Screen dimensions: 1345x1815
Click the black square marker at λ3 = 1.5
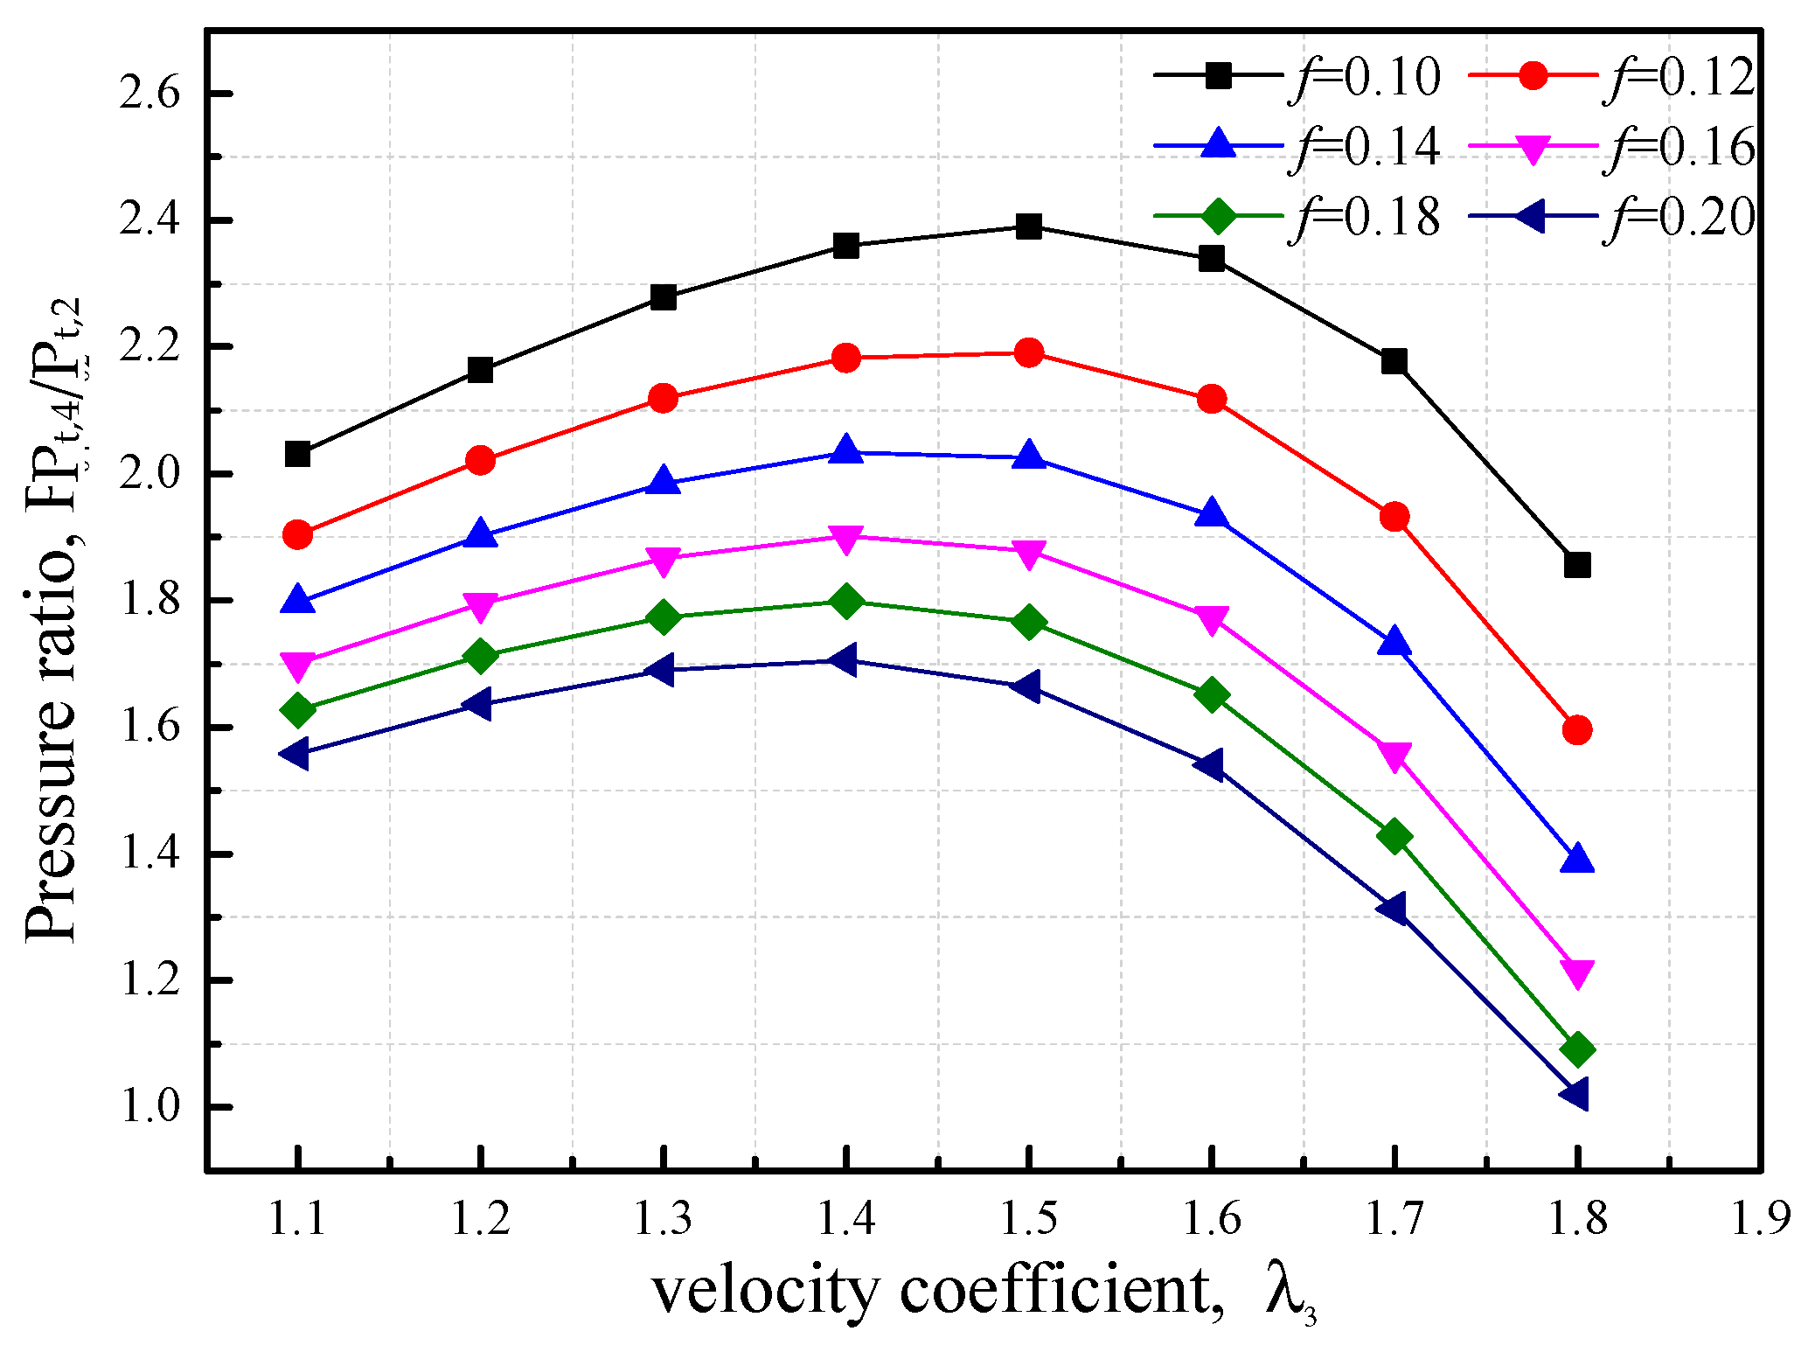(x=1028, y=227)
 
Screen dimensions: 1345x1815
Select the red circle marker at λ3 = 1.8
(x=1576, y=729)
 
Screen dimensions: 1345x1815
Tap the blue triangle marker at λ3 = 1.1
(x=298, y=602)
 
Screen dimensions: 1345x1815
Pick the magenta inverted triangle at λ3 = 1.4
(x=845, y=538)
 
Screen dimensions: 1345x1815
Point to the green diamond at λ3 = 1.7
(x=1394, y=836)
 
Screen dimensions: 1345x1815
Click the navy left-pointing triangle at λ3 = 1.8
(x=1575, y=1094)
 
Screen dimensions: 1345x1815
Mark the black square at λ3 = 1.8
(x=1576, y=565)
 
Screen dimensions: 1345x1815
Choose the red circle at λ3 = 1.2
(x=480, y=460)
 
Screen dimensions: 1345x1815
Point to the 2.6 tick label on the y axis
(x=150, y=94)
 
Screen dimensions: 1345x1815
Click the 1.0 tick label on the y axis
(x=150, y=1107)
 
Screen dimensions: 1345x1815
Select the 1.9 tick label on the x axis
(x=1759, y=1218)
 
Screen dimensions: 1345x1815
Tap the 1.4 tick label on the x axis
(x=845, y=1218)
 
